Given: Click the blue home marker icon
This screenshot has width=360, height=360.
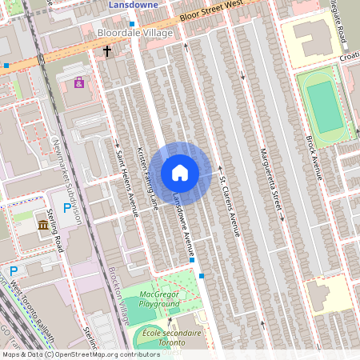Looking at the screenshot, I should point(180,173).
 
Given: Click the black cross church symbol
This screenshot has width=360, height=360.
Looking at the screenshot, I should point(107,51).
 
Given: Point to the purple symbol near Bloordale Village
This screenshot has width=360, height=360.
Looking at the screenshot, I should point(79,82).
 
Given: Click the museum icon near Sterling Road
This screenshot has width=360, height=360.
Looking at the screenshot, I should point(42,226).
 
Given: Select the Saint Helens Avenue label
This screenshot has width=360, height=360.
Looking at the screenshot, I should point(128,183).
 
